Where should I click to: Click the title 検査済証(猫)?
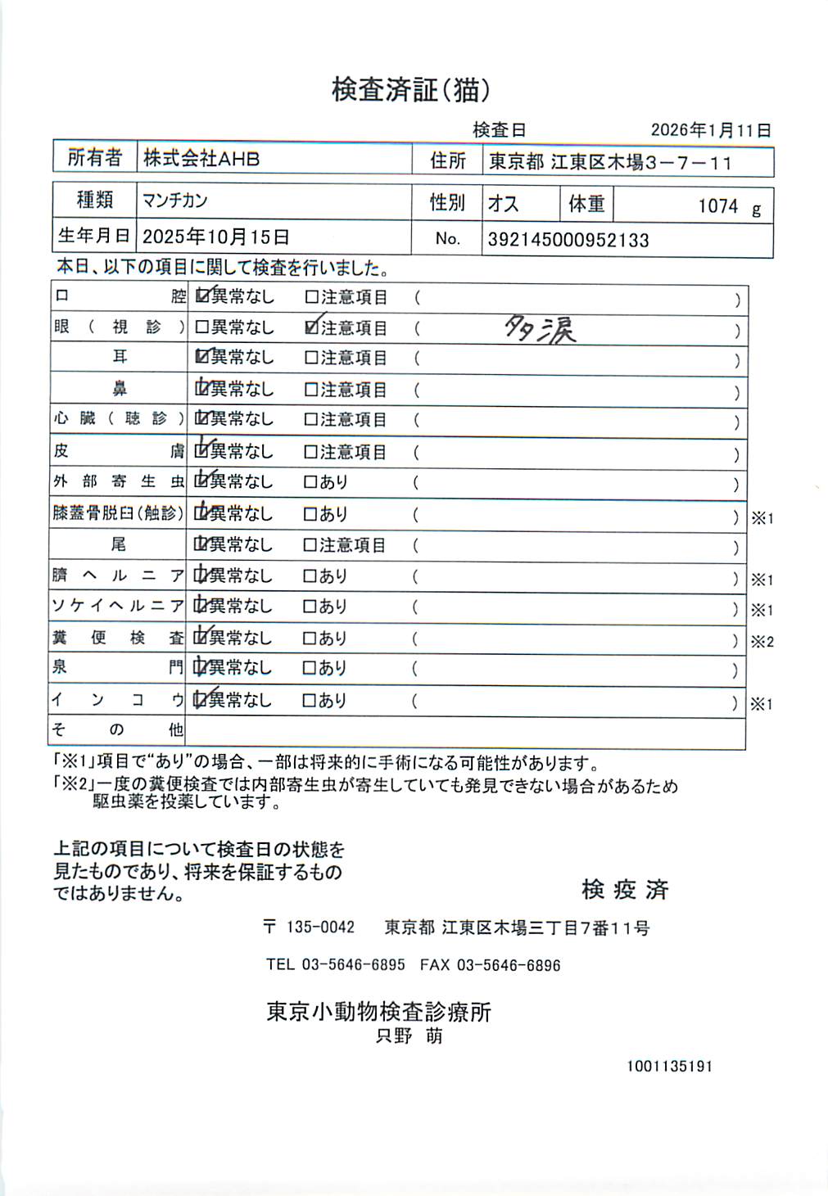tap(410, 90)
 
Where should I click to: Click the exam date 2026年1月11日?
tap(710, 130)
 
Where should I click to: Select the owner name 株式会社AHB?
tap(201, 158)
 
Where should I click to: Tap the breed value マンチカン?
tap(174, 201)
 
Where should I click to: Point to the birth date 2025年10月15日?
tap(216, 237)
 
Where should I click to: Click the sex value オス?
tap(503, 204)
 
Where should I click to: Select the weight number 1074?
tap(717, 206)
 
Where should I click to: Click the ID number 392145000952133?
tap(568, 240)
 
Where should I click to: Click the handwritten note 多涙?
tap(540, 329)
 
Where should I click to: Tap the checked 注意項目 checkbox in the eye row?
tap(311, 328)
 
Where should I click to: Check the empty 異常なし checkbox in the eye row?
tap(201, 328)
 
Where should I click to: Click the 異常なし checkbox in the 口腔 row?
tap(202, 297)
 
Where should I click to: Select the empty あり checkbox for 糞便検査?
tap(310, 639)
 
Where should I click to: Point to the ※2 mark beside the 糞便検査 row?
tap(762, 642)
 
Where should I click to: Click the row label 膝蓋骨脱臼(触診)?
tap(118, 514)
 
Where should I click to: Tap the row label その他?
tap(118, 729)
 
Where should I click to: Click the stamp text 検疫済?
tap(625, 889)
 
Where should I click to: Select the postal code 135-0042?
tap(320, 927)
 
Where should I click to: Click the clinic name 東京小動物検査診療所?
tap(378, 1013)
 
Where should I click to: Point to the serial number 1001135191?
tap(669, 1067)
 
